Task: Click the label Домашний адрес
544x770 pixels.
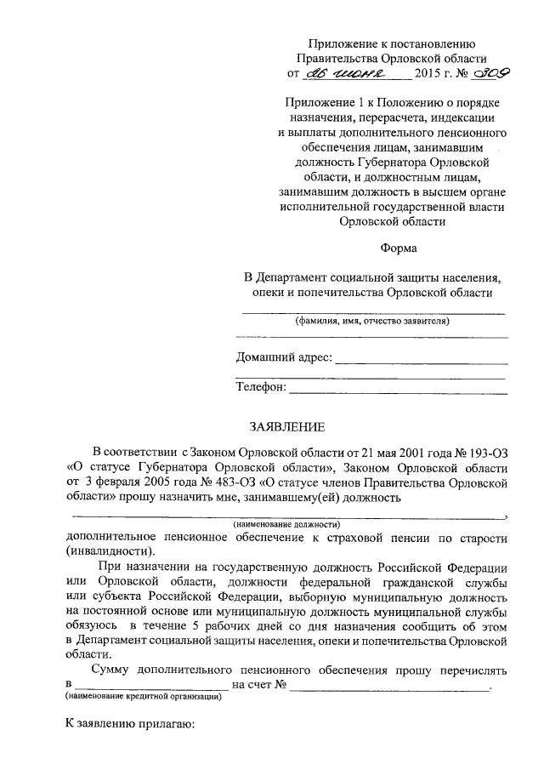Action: click(x=284, y=357)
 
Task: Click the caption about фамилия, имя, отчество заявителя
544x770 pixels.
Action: click(x=372, y=322)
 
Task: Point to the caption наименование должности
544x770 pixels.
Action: click(x=287, y=524)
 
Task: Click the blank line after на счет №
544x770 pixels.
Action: click(x=390, y=685)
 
